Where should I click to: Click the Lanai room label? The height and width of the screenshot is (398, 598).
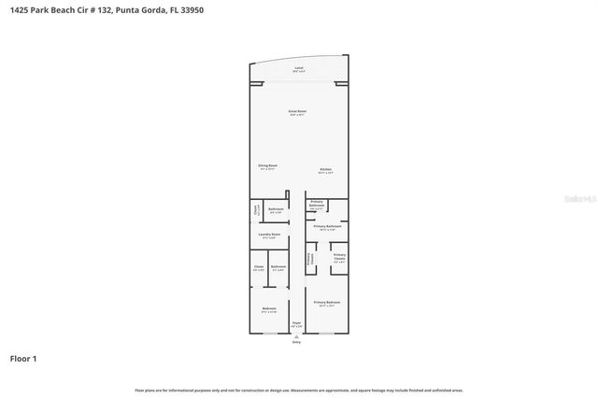point(299,69)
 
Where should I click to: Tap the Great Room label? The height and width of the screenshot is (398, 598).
point(297,112)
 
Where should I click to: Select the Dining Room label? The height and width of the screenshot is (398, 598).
point(268,167)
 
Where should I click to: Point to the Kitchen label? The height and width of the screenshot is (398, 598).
point(326,170)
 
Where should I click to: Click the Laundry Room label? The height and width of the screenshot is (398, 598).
point(268,235)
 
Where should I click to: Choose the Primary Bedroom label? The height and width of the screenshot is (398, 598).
point(327,304)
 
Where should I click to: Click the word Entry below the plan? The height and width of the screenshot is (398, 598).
point(296,343)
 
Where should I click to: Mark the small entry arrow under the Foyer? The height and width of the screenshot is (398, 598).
point(296,336)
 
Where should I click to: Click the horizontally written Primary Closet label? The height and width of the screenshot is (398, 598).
point(339,258)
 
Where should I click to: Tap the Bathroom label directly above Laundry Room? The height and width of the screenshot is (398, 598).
point(276,209)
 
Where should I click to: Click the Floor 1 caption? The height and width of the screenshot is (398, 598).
point(23,358)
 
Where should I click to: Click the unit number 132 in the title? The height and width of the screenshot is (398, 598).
point(96,9)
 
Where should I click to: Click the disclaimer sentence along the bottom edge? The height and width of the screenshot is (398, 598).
point(299,390)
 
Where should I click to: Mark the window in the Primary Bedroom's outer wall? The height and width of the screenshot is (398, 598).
point(327,334)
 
